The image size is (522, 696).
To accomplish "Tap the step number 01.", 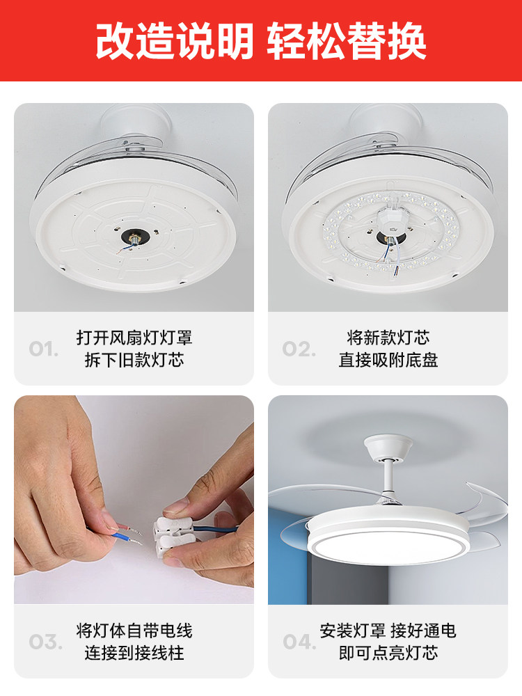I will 44,349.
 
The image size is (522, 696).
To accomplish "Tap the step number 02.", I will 298,349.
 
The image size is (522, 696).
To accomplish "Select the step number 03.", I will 44,642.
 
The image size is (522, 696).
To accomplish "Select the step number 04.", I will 299,642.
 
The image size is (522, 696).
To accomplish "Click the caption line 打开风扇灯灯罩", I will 134,338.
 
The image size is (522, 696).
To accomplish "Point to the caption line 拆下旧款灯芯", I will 134,361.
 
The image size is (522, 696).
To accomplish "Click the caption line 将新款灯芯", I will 388,338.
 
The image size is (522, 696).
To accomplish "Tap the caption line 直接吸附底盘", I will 388,361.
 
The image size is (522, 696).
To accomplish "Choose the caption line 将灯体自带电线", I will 134,631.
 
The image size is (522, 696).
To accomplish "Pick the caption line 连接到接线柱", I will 134,654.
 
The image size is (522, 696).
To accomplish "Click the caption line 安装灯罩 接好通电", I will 388,631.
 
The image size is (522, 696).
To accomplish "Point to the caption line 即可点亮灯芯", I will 388,654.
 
